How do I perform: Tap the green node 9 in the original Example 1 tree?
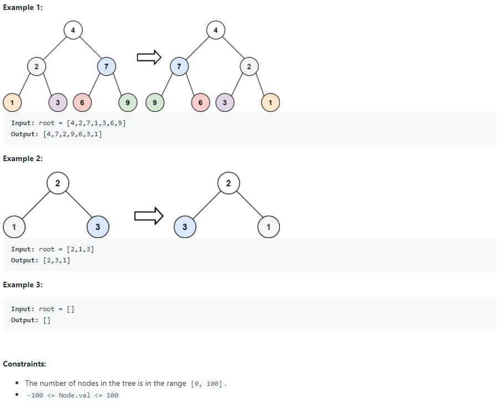[x=128, y=102]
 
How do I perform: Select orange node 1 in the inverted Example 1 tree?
[x=270, y=102]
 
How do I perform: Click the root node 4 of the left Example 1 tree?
[x=73, y=30]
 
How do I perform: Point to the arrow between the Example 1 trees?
[x=149, y=57]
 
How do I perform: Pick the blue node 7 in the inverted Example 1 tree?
[x=178, y=66]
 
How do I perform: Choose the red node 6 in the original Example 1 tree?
[x=82, y=102]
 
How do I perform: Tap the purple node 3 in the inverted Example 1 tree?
[x=224, y=102]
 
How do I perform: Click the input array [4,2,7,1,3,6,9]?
[x=96, y=123]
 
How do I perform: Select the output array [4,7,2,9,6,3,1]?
[x=72, y=134]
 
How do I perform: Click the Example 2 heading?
[x=23, y=158]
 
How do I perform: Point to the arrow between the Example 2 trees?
[x=149, y=215]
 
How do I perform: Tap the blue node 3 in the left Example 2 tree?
[x=98, y=226]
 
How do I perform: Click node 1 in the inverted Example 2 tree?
[x=269, y=226]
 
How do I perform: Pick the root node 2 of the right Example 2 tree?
[x=228, y=183]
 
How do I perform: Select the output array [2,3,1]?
[x=57, y=260]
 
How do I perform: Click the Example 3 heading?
[x=23, y=285]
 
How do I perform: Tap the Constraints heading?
[x=24, y=364]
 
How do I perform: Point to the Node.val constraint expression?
[x=73, y=395]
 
